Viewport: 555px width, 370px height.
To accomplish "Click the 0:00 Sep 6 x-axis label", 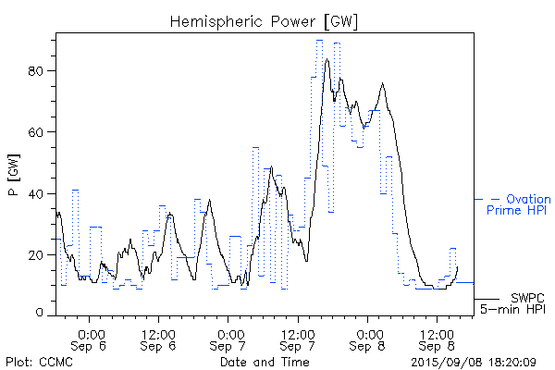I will click(90, 339).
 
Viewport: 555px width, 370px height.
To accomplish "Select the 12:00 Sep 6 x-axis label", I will click(159, 339).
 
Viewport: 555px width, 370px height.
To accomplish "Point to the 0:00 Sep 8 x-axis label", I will click(367, 339).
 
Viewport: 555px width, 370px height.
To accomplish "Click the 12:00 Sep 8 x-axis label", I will click(437, 339).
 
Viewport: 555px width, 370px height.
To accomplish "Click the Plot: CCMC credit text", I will click(35, 361).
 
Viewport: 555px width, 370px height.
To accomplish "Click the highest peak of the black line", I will click(327, 59).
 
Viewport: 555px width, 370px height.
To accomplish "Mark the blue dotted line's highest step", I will click(319, 40).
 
